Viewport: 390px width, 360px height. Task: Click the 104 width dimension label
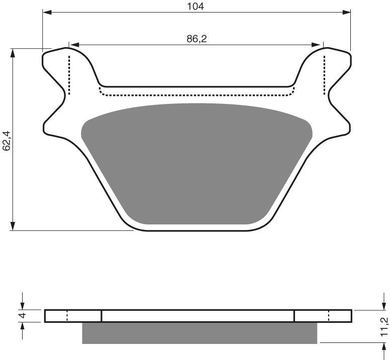coord(197,7)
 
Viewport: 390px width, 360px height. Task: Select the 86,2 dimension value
coord(197,39)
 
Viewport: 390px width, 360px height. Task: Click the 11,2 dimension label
coord(384,326)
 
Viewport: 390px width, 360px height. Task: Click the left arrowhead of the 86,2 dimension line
coord(73,45)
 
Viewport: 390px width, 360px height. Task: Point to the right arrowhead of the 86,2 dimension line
coord(319,45)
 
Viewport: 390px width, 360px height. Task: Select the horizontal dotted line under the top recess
coord(196,94)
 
